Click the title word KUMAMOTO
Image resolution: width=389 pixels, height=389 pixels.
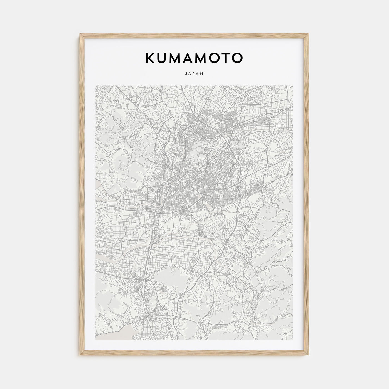(x=194, y=58)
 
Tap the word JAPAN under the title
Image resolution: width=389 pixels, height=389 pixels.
(x=194, y=74)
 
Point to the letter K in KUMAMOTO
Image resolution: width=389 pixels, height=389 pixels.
(x=150, y=58)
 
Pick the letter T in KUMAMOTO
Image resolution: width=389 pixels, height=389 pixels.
(x=224, y=58)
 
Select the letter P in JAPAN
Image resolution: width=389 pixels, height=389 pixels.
(x=194, y=74)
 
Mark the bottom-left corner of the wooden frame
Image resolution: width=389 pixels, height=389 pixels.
(x=80, y=356)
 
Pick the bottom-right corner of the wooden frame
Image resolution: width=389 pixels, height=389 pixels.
(x=309, y=356)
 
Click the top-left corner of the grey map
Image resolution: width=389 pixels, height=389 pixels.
(x=96, y=86)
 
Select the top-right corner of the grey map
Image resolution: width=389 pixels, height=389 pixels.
(x=293, y=86)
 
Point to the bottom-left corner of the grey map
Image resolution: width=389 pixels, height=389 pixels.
(x=96, y=340)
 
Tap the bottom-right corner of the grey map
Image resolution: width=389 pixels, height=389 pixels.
(x=293, y=340)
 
